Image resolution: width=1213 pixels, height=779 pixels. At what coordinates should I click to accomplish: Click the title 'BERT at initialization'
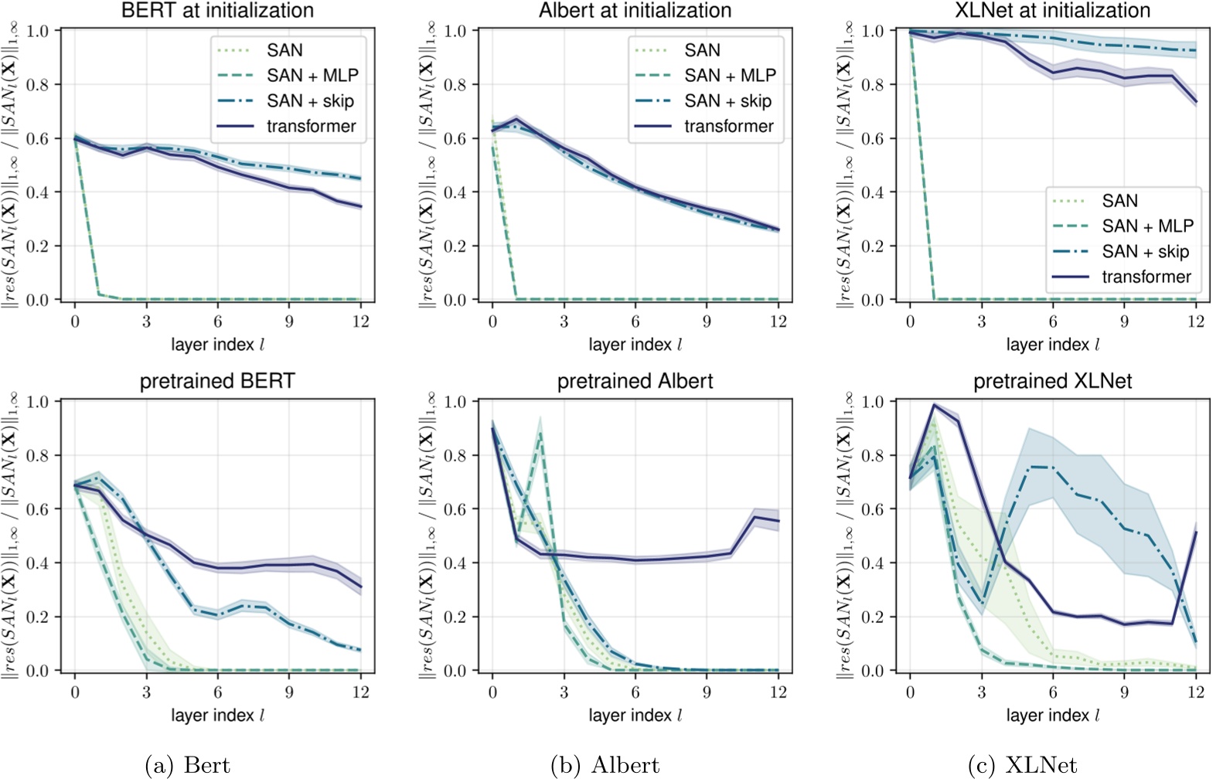[x=217, y=10]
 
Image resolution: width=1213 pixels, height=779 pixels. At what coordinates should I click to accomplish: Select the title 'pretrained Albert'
[x=635, y=381]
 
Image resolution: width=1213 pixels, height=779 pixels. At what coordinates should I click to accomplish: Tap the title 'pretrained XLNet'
[x=1052, y=381]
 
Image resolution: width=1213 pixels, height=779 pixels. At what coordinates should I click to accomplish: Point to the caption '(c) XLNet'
[x=1022, y=765]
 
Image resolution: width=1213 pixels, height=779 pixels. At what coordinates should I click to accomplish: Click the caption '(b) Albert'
[x=605, y=765]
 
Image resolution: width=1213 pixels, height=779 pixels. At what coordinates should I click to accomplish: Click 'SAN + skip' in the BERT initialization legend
[x=310, y=101]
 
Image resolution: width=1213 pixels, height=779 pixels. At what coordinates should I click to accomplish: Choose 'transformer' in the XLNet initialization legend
[x=1146, y=277]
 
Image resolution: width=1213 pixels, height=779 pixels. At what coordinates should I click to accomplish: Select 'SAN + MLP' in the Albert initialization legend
[x=730, y=76]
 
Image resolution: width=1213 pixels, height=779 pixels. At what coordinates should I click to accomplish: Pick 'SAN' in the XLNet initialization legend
[x=1119, y=201]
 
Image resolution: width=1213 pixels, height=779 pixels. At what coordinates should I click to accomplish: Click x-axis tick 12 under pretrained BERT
[x=361, y=692]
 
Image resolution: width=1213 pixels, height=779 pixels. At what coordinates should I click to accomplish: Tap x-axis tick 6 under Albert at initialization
[x=635, y=321]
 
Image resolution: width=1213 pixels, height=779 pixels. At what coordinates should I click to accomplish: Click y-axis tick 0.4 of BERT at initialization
[x=37, y=192]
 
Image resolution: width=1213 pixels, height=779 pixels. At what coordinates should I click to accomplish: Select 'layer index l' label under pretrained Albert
[x=635, y=716]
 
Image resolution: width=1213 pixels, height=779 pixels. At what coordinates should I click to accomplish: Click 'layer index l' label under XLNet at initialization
[x=1052, y=345]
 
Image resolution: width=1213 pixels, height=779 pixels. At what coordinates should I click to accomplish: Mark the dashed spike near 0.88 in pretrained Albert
[x=540, y=434]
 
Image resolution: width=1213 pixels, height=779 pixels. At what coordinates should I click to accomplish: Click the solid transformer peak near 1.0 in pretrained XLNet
[x=934, y=405]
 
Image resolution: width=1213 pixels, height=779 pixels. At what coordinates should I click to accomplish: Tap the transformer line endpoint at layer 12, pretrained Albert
[x=778, y=520]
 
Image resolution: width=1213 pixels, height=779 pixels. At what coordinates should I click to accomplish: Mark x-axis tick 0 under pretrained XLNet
[x=910, y=692]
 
